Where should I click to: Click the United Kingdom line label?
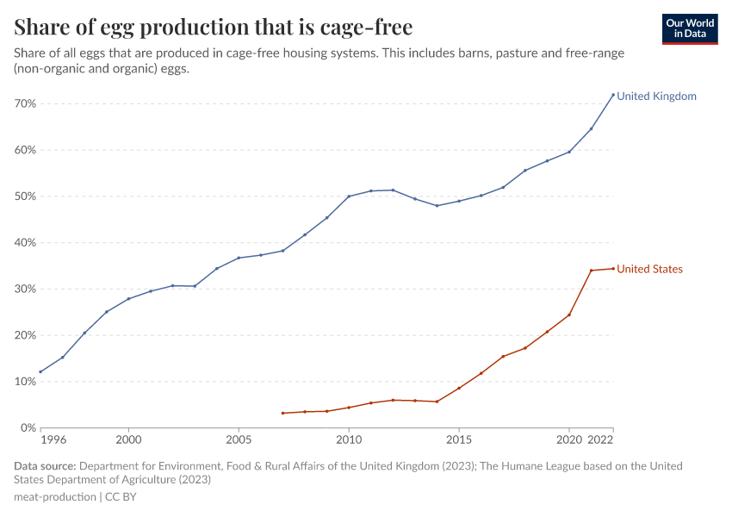pyautogui.click(x=656, y=97)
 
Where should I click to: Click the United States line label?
pyautogui.click(x=649, y=270)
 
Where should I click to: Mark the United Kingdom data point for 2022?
pyautogui.click(x=613, y=95)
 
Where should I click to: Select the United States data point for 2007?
pyautogui.click(x=282, y=413)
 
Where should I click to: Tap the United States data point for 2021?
pyautogui.click(x=591, y=271)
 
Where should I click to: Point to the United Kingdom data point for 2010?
pyautogui.click(x=349, y=196)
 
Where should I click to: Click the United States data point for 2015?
pyautogui.click(x=459, y=388)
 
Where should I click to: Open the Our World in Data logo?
pyautogui.click(x=689, y=29)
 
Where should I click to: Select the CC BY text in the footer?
pyautogui.click(x=121, y=497)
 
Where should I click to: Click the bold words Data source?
pyautogui.click(x=44, y=466)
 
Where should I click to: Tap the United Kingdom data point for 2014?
pyautogui.click(x=437, y=205)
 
